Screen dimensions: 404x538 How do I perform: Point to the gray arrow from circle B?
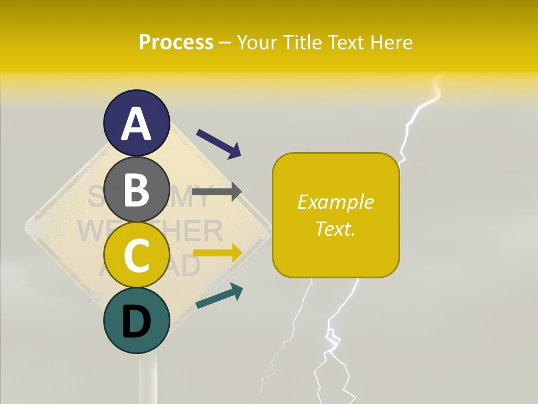(217, 191)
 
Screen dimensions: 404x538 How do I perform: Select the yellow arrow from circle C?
(217, 253)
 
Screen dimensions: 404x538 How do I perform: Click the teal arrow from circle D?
(219, 297)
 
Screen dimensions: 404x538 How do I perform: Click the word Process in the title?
(176, 42)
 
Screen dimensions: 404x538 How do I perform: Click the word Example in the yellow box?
(335, 202)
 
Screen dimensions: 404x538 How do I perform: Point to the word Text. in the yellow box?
(335, 228)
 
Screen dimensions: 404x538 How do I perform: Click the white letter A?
(137, 124)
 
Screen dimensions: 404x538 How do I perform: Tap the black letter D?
(137, 322)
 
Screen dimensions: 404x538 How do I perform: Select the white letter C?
(137, 256)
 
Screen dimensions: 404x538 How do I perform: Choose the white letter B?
(137, 190)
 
